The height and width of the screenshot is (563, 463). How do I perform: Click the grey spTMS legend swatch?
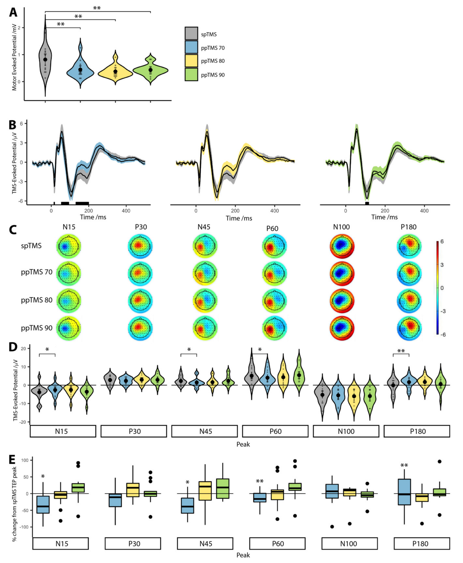pos(191,33)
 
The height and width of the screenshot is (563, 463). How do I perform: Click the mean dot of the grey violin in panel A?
pos(45,59)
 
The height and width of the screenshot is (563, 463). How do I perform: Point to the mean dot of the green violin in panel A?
pos(150,70)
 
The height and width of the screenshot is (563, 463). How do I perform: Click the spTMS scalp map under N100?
pos(342,246)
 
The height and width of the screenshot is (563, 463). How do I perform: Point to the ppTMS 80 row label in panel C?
pos(36,300)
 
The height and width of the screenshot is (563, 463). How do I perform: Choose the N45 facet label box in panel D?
pos(204,431)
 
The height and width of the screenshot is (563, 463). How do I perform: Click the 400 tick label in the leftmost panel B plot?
pos(126,211)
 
